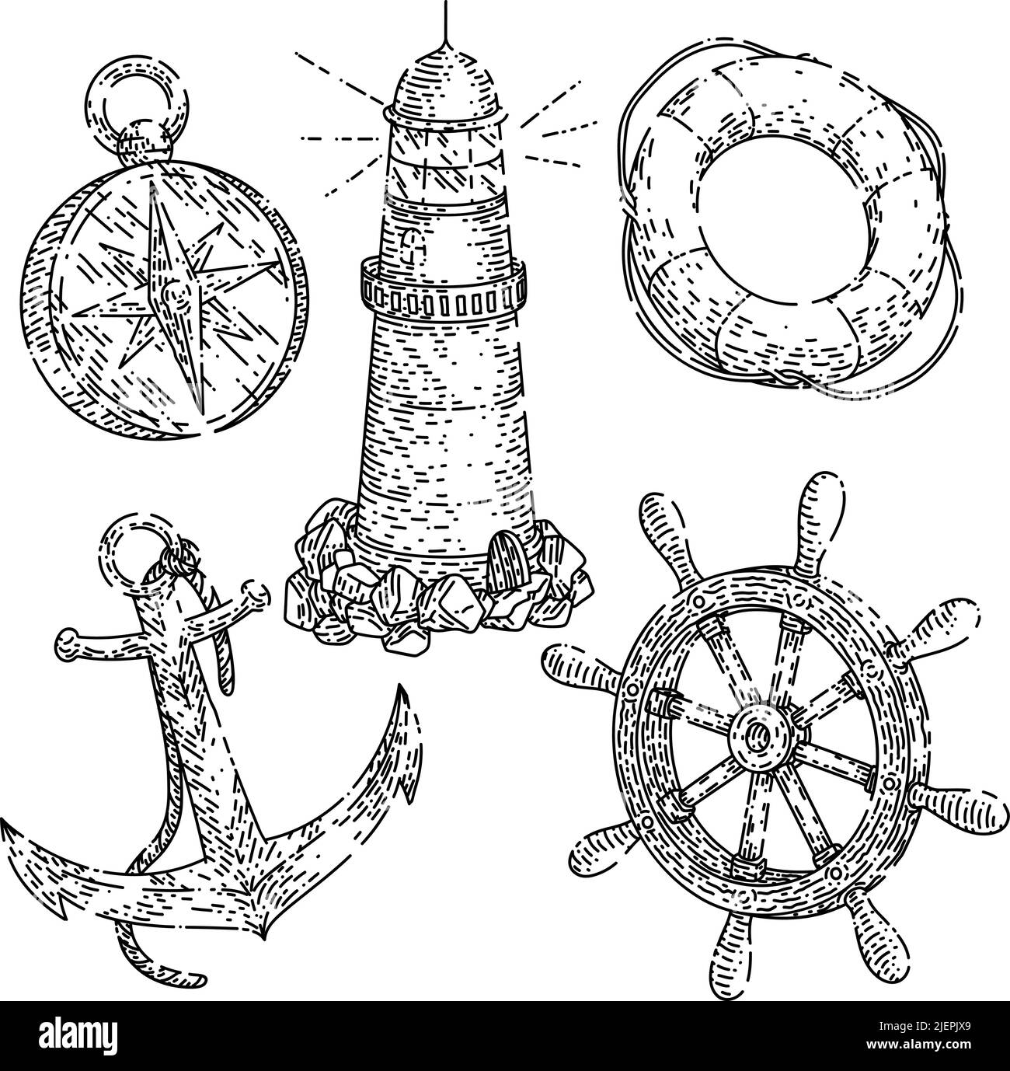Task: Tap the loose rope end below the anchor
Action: pos(171,978)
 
